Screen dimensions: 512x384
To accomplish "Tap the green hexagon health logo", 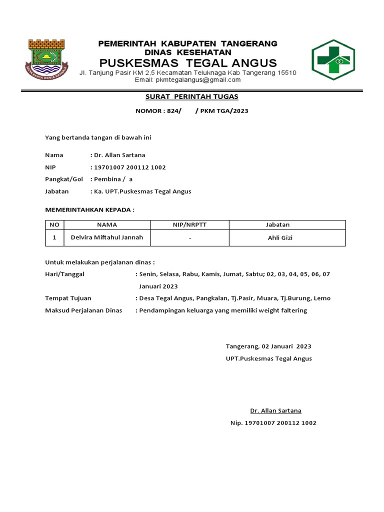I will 333,59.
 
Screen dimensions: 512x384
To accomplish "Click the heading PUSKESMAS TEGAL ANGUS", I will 187,62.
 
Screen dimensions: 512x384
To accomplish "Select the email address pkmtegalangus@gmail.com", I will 187,79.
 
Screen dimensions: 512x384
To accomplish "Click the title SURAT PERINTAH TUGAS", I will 191,96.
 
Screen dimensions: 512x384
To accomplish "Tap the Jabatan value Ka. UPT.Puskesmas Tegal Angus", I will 142,191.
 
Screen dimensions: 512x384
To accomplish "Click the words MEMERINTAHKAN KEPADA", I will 90,209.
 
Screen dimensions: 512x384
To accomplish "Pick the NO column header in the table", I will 54,225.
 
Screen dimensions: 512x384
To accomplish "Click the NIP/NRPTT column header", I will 189,225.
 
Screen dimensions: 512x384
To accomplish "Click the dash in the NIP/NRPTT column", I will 190,238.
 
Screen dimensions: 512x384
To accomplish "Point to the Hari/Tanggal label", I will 65,274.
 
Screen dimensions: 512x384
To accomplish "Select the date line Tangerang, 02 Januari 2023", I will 268,346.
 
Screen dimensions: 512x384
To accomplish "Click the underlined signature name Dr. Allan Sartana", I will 275,410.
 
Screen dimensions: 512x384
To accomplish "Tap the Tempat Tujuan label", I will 68,298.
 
